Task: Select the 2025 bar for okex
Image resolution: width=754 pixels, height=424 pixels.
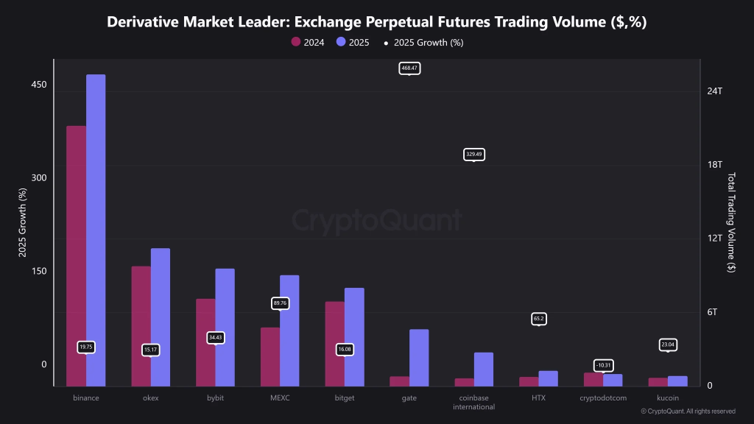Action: coord(161,317)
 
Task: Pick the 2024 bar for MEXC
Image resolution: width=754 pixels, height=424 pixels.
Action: coord(270,356)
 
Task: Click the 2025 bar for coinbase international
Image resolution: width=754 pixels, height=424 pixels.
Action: coord(484,369)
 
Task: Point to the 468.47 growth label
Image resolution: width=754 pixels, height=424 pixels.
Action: coord(409,68)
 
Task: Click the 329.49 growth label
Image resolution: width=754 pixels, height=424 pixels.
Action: coord(474,155)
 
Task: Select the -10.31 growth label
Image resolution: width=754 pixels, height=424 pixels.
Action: coord(603,365)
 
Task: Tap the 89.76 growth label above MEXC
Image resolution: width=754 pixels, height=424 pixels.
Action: coord(280,303)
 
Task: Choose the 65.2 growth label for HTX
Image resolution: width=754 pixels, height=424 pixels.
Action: coord(538,319)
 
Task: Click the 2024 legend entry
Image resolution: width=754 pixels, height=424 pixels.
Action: coord(308,42)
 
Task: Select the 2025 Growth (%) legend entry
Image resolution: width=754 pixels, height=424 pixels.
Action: coord(423,42)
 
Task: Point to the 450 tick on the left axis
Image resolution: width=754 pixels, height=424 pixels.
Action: coord(38,85)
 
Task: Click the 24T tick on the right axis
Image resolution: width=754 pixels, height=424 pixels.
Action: coord(714,91)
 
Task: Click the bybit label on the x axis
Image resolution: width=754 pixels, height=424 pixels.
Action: coord(215,398)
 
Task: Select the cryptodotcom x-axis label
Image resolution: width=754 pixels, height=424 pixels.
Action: coord(603,398)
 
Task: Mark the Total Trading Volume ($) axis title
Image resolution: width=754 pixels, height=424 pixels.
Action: coord(731,223)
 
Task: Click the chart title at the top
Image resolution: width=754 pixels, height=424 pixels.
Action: coord(376,22)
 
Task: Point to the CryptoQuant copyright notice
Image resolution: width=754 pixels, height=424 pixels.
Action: coord(688,411)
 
